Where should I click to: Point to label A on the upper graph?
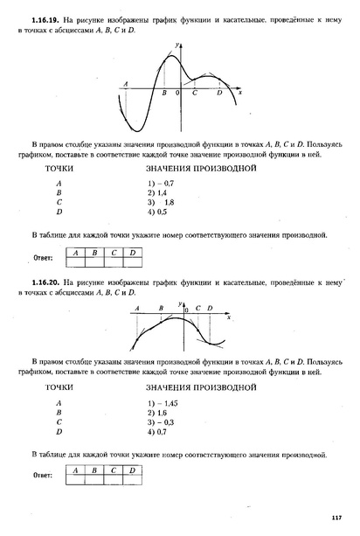pyautogui.click(x=128, y=84)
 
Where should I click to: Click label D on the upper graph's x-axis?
pyautogui.click(x=219, y=92)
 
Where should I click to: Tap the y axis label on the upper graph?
pyautogui.click(x=177, y=43)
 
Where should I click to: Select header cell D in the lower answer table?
pyautogui.click(x=132, y=471)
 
